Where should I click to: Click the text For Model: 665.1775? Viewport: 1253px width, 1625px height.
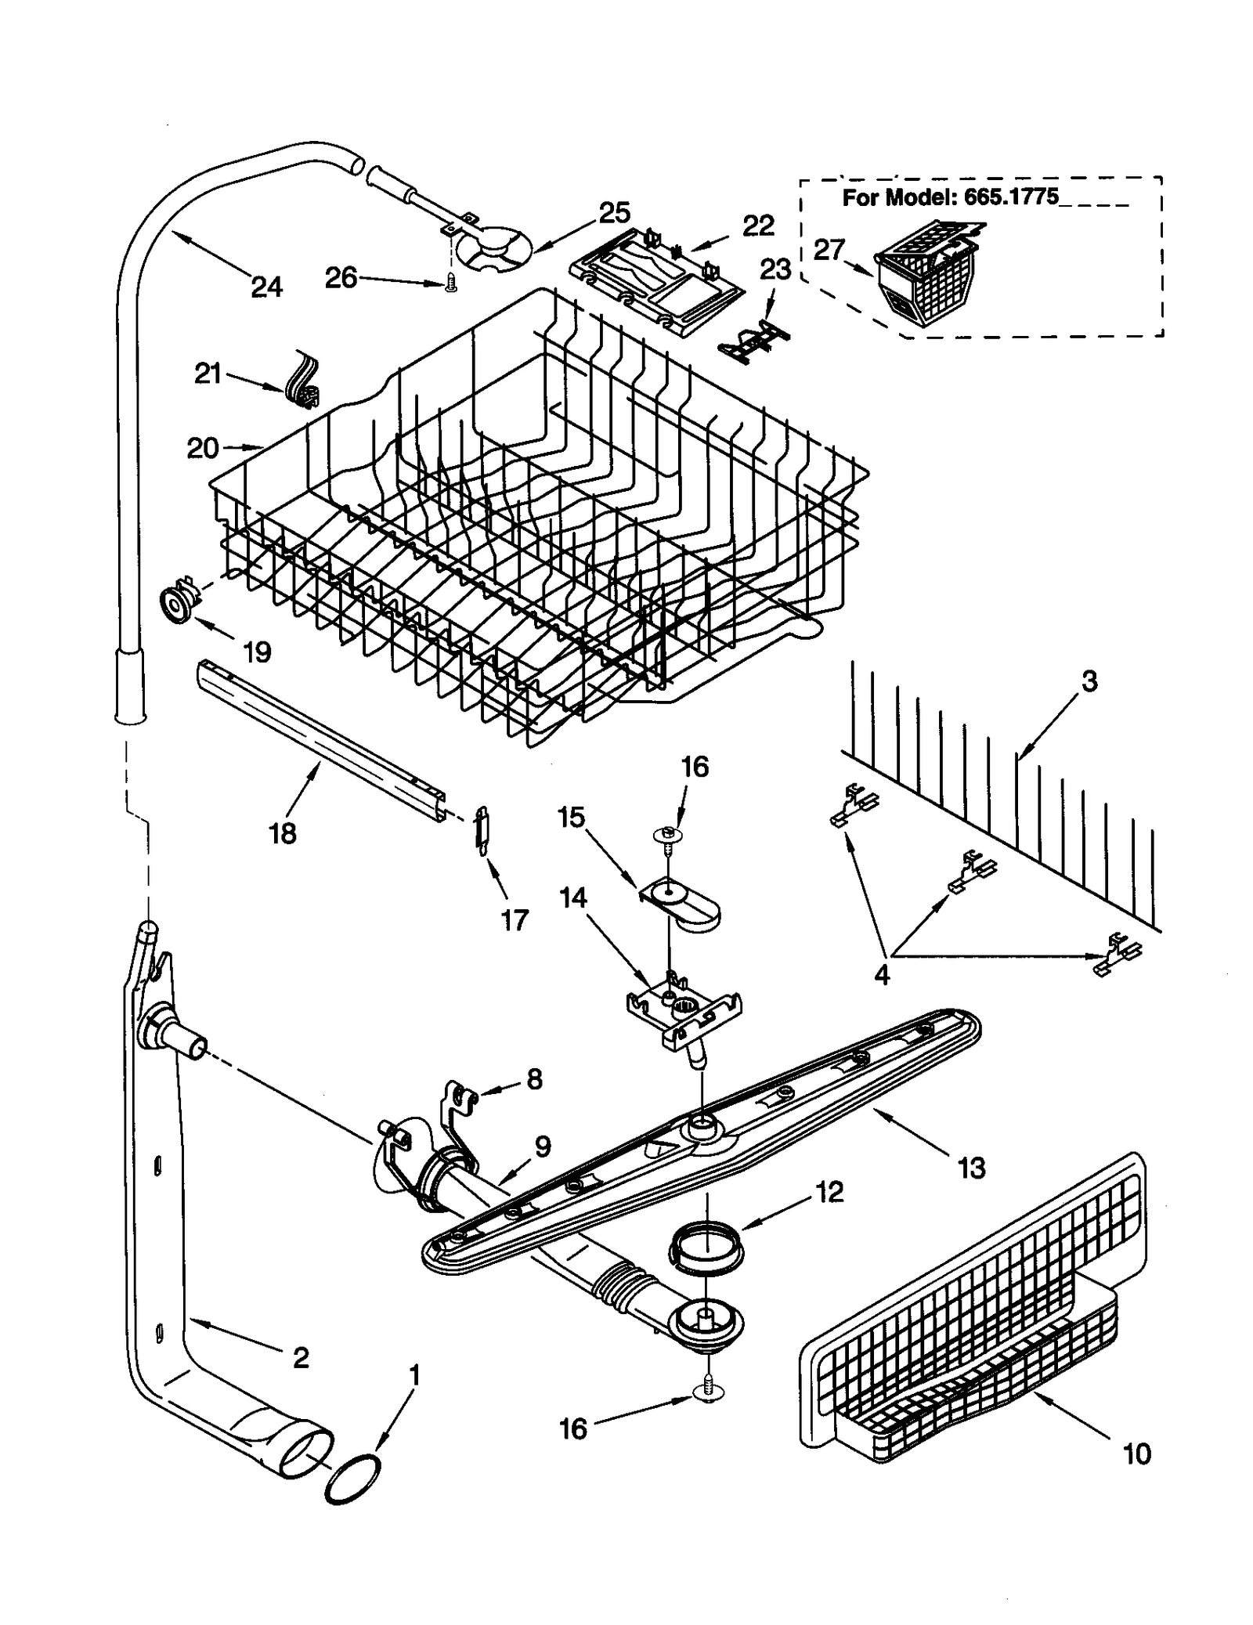point(949,197)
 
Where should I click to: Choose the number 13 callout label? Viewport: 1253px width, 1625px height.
point(971,1168)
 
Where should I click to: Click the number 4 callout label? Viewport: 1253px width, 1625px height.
point(882,976)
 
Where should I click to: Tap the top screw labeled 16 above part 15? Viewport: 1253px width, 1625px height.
point(667,838)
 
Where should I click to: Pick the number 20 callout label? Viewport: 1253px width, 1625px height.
point(203,448)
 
